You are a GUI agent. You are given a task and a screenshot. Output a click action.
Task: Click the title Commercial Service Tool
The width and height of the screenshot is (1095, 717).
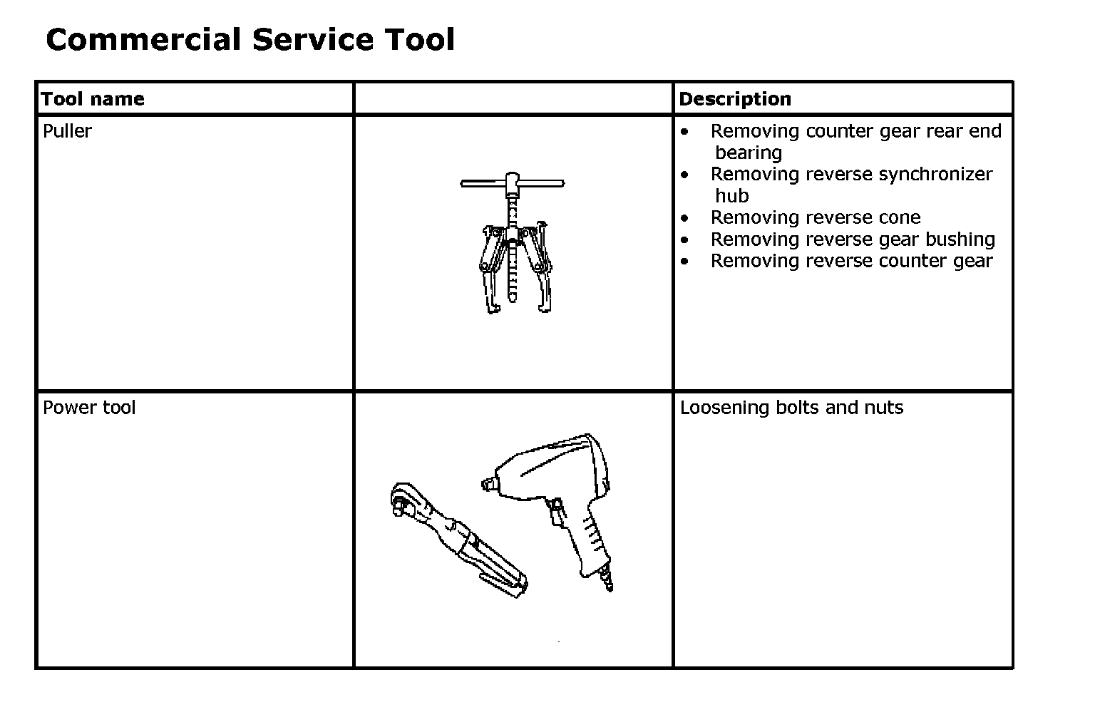250,39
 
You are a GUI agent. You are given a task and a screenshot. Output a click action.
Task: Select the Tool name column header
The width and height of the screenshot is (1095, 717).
93,99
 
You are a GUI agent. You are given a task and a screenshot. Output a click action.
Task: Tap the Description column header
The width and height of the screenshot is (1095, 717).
734,99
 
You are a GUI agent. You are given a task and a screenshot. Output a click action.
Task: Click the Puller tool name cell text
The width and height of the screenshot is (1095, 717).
67,131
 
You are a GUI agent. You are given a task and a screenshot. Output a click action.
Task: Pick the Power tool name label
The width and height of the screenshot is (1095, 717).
89,408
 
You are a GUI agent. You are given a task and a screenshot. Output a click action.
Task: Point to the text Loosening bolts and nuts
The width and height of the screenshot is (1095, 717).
791,408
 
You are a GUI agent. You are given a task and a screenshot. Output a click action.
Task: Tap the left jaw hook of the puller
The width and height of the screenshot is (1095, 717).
491,303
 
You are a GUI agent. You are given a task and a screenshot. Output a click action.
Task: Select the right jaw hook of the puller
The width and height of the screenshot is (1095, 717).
543,303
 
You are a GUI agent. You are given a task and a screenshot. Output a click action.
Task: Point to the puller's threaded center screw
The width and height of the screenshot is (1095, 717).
513,264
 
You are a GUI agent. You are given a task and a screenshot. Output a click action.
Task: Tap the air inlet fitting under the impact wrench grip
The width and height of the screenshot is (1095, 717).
607,581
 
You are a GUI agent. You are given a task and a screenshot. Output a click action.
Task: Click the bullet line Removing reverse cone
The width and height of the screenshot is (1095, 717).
815,217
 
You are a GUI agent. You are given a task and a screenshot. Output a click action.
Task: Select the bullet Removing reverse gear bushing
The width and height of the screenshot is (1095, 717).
852,239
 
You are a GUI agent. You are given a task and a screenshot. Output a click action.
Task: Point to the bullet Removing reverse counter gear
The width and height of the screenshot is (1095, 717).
850,261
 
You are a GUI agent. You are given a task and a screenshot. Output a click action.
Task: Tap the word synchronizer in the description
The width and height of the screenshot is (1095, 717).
927,175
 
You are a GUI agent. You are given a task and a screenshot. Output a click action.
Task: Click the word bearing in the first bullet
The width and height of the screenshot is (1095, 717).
748,153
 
